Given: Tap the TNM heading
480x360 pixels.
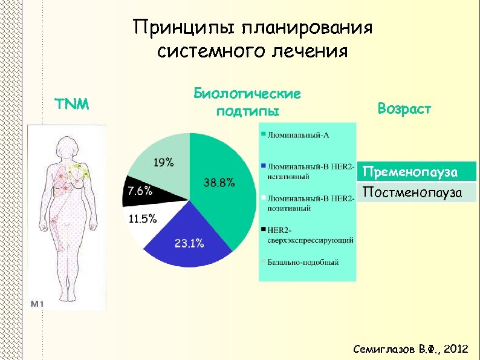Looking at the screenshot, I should (72, 104).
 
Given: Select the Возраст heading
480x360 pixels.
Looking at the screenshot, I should (404, 109).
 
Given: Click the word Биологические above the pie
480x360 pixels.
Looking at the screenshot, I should (247, 94).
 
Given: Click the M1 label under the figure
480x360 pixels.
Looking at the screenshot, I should (37, 303).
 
